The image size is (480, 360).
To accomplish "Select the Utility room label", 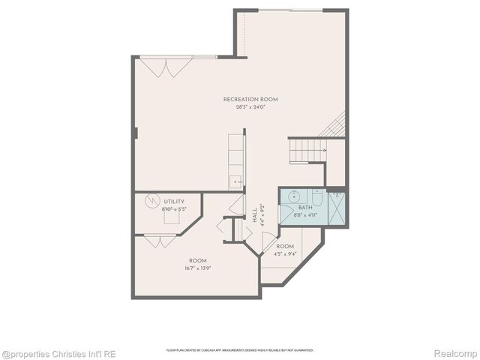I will point(174,202).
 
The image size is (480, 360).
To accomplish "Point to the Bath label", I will point(304,208).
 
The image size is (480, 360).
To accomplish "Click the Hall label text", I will point(255,217).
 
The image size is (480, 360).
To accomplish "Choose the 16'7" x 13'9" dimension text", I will point(198,268).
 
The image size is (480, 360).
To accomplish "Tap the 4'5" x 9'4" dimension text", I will point(285,253).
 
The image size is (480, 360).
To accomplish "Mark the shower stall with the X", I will point(337,206).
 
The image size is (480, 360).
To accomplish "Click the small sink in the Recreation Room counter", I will point(235,181).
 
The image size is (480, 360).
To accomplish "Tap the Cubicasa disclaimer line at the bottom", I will point(240,350).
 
